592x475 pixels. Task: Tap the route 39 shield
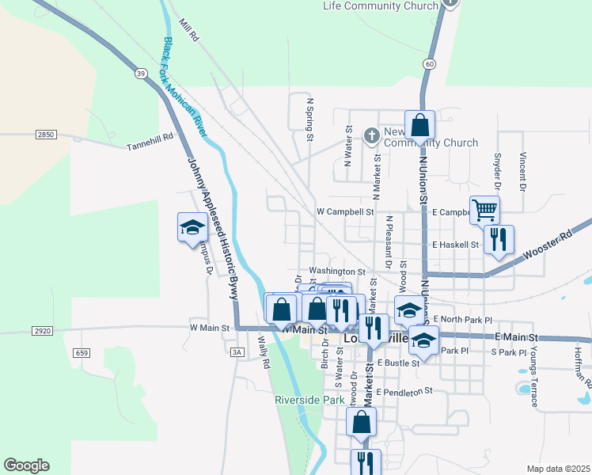click(140, 74)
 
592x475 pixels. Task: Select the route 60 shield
click(428, 63)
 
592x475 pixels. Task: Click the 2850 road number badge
click(46, 135)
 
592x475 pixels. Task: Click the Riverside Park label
click(309, 400)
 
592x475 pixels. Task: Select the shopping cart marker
click(484, 211)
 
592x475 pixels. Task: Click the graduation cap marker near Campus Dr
click(191, 228)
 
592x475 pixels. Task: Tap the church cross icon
click(371, 135)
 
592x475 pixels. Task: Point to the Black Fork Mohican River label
click(185, 87)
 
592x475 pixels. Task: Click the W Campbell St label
click(344, 212)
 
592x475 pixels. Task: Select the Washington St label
click(336, 271)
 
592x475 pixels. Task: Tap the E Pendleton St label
click(405, 391)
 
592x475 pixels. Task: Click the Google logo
click(26, 465)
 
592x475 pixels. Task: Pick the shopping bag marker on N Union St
click(419, 125)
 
